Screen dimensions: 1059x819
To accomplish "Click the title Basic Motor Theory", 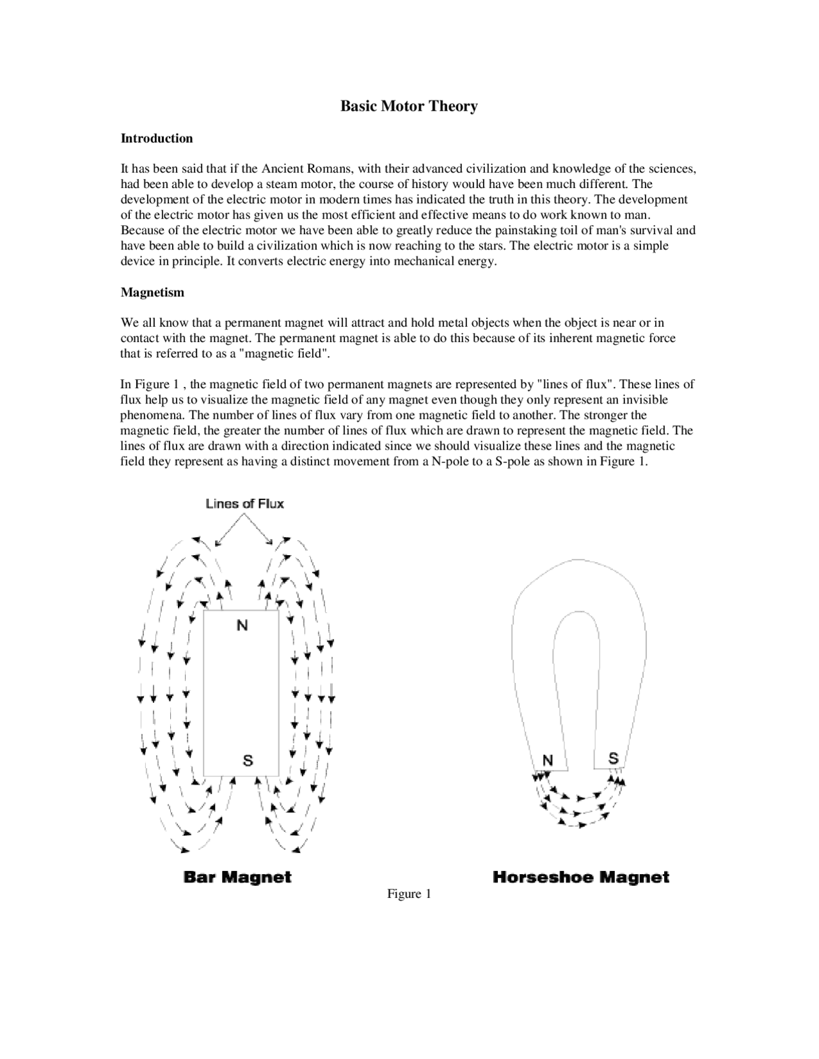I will [408, 106].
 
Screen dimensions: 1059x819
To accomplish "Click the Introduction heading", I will [157, 138].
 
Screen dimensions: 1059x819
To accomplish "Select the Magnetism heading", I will [152, 292].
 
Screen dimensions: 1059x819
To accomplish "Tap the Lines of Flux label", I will [244, 504].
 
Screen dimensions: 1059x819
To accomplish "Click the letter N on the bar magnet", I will [242, 625].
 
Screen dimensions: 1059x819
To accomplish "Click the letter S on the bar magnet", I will [248, 760].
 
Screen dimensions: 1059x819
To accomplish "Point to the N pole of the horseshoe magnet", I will [548, 760].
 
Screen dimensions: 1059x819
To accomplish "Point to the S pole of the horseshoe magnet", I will [613, 758].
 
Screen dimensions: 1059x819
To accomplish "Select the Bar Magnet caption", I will [237, 877].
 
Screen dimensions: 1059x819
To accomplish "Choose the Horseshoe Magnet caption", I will [581, 877].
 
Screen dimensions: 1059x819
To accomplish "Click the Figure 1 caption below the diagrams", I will [409, 894].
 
